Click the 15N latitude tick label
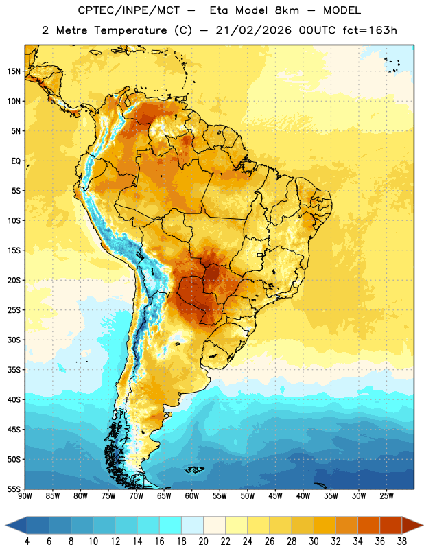click(x=14, y=71)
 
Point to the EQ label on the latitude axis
click(x=16, y=161)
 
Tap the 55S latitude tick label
click(x=14, y=489)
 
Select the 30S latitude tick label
click(x=14, y=340)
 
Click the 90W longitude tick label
click(x=25, y=496)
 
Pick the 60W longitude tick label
click(x=192, y=496)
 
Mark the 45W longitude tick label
click(x=276, y=496)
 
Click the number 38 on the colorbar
click(x=402, y=541)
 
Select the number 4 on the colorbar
click(x=27, y=541)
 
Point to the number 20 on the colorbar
click(x=203, y=541)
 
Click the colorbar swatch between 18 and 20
click(x=192, y=526)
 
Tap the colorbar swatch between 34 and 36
click(x=368, y=526)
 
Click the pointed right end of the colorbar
click(x=423, y=526)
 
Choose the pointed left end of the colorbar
click(x=5, y=526)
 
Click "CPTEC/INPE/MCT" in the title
click(x=129, y=11)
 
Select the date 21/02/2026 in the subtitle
click(x=254, y=30)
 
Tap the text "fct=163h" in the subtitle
click(x=370, y=30)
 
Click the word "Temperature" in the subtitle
click(x=130, y=31)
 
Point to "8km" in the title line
click(x=287, y=11)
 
